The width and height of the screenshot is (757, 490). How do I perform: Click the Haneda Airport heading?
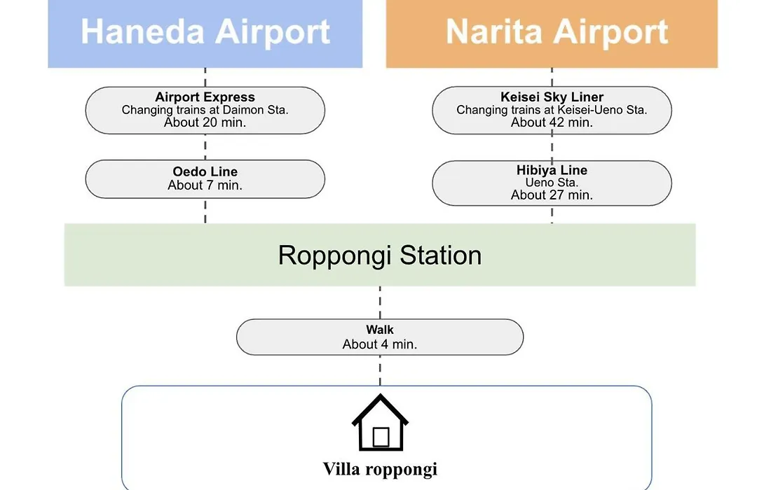[205, 31]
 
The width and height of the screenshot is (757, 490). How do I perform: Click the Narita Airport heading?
[557, 31]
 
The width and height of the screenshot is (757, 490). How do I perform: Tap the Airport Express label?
[205, 97]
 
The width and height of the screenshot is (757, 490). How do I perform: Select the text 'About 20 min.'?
[205, 122]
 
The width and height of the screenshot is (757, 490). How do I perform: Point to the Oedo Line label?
[205, 171]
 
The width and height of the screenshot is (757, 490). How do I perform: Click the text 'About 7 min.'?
[205, 185]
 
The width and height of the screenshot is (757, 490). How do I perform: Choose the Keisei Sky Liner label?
[552, 97]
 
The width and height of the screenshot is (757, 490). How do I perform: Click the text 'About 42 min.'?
[552, 122]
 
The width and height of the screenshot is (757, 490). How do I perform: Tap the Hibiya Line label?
[552, 170]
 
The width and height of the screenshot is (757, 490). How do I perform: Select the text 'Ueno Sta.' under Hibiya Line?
[552, 183]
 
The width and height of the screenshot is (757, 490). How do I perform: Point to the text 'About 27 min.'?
[552, 195]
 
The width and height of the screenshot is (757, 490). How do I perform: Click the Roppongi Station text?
[380, 255]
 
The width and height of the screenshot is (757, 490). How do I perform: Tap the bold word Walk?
[380, 330]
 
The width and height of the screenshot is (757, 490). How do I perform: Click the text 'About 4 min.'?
[380, 344]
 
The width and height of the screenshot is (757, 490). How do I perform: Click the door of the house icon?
[381, 437]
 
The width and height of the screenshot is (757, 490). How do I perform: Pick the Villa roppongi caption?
[381, 469]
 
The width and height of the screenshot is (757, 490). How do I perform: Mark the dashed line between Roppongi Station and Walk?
[380, 302]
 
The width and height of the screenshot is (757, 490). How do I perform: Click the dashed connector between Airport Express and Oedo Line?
[205, 147]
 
